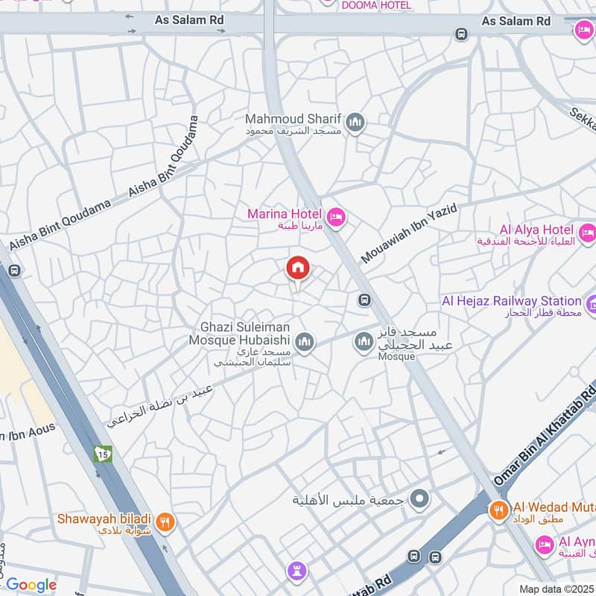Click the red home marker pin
298,268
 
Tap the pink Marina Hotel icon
337,216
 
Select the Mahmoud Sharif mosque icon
355,121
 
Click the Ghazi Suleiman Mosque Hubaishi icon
303,343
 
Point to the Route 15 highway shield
102,453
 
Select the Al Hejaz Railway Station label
513,301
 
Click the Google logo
31,585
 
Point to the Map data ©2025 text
555,589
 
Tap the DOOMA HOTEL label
375,5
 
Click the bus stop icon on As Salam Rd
462,34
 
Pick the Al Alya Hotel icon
587,233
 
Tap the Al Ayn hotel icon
545,546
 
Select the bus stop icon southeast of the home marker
364,300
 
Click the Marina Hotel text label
285,215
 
